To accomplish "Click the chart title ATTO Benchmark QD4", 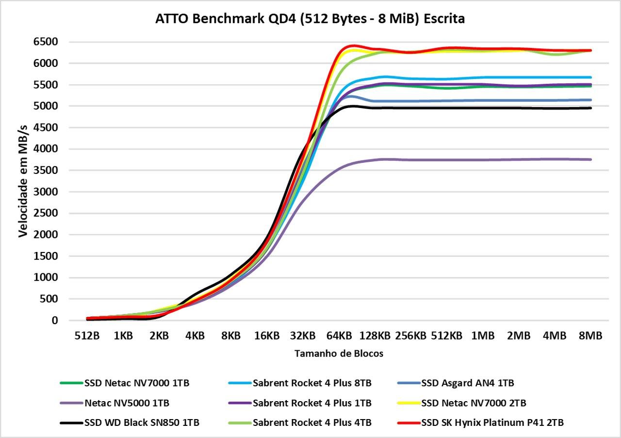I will tap(310, 19).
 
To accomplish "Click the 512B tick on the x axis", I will tap(87, 335).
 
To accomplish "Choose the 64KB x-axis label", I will tap(339, 335).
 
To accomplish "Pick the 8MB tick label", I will tap(590, 335).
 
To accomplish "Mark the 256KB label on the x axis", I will tap(410, 335).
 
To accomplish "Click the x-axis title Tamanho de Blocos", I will tap(339, 354).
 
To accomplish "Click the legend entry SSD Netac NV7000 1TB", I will tap(136, 383).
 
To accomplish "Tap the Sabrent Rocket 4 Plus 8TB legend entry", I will tap(312, 383).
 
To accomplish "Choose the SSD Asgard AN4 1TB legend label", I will tap(467, 383).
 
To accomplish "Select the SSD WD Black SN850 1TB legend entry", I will tap(142, 422).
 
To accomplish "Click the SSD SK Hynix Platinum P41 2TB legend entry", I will tap(492, 422).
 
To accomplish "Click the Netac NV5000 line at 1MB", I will tap(483, 160).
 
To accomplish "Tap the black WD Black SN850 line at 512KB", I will tap(447, 108).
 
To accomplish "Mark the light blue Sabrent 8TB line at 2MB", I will tap(519, 77).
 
